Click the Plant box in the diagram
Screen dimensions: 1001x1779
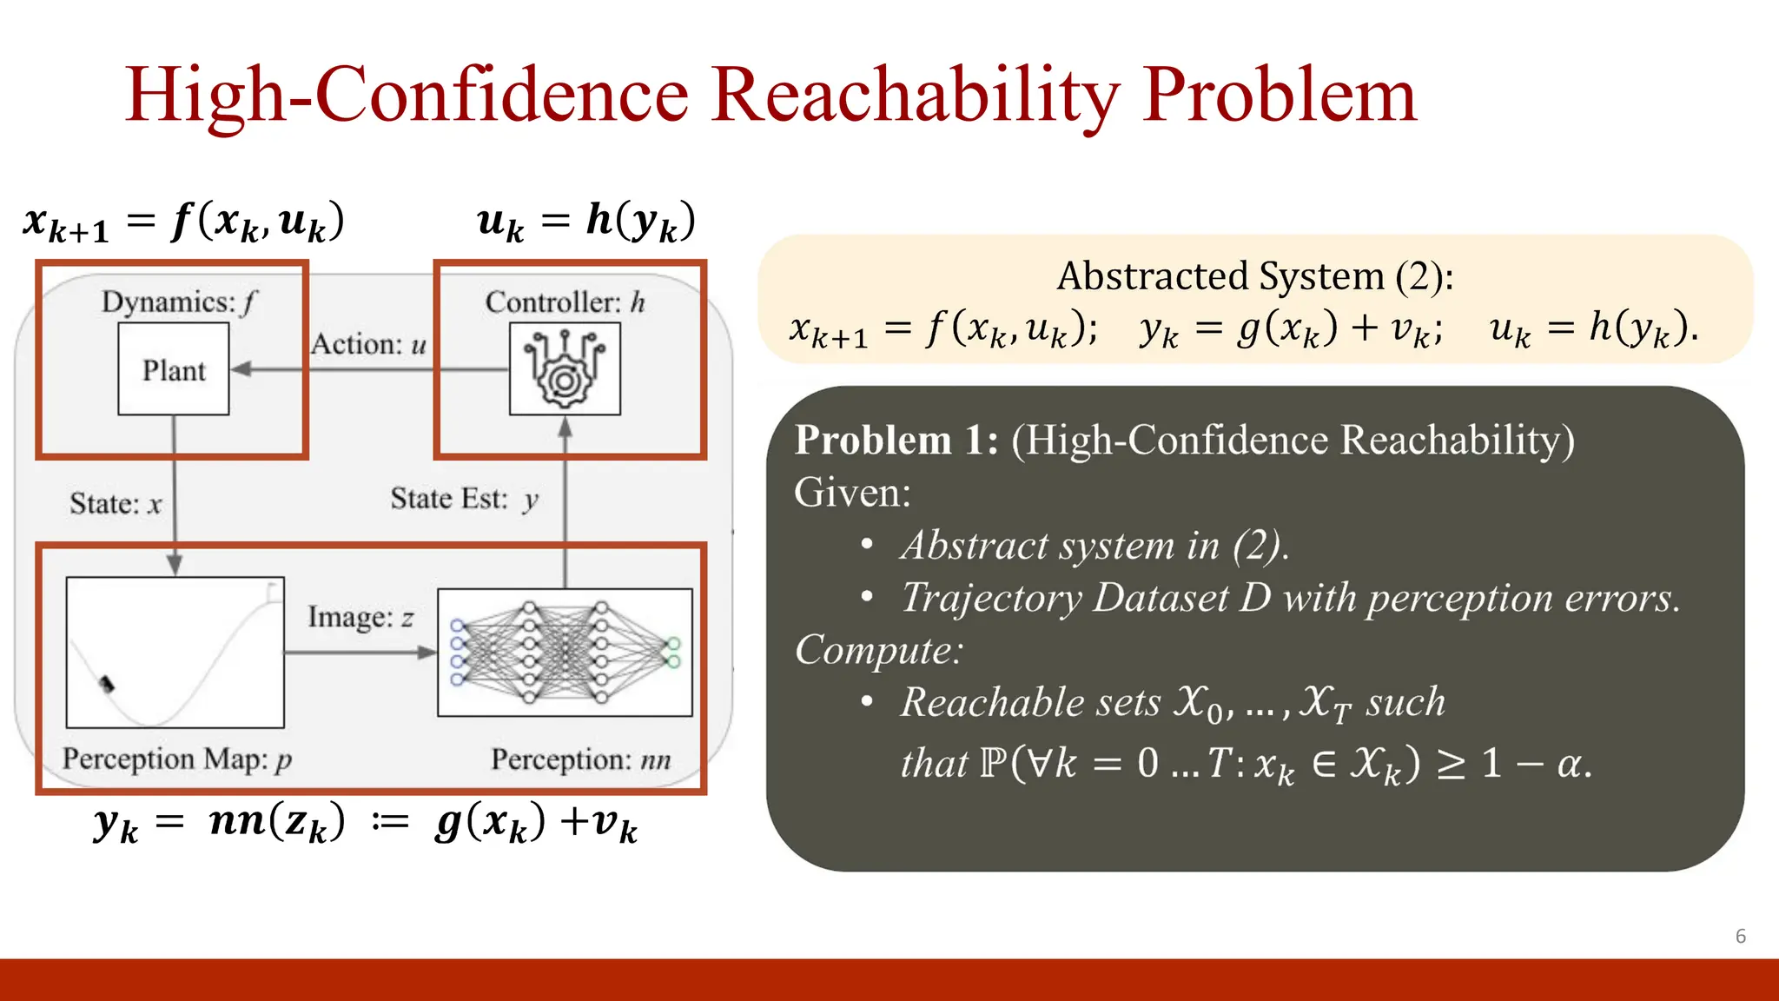click(x=174, y=369)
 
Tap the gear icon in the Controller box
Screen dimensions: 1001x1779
click(x=565, y=369)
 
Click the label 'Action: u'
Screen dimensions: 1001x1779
click(x=369, y=344)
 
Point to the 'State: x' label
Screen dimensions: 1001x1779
click(x=116, y=504)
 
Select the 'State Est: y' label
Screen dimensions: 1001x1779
click(x=464, y=499)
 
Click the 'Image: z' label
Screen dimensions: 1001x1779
click(x=360, y=617)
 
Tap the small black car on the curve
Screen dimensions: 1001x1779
click(x=107, y=684)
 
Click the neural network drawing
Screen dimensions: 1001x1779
click(x=565, y=653)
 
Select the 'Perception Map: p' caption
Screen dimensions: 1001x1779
click(x=176, y=759)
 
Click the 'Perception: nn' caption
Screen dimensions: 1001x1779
click(x=580, y=759)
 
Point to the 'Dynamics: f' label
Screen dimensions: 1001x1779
click(x=179, y=302)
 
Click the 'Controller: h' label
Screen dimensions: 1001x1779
click(x=565, y=302)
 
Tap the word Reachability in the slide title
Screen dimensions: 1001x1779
click(x=916, y=96)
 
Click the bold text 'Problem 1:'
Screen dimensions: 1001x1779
click(x=896, y=440)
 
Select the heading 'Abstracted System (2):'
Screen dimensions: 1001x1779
click(x=1254, y=276)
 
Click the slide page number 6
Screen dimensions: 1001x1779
click(x=1740, y=936)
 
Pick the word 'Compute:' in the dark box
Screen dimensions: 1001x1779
click(x=878, y=650)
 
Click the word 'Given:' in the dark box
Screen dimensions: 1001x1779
click(x=852, y=493)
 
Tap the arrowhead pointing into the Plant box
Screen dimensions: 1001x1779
click(x=241, y=369)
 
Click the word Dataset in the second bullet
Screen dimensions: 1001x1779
click(x=1160, y=598)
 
